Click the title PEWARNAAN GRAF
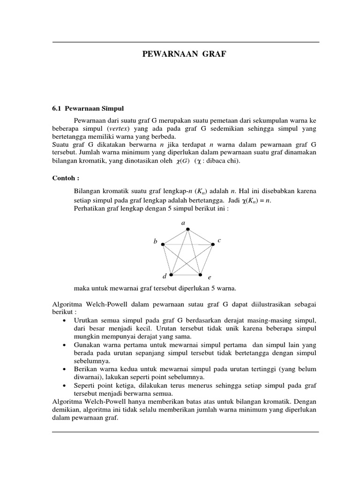pos(184,55)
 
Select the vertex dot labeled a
pos(187,229)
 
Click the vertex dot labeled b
pos(163,244)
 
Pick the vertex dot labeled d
pos(171,275)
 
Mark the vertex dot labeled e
pos(200,275)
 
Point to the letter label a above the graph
pos(183,222)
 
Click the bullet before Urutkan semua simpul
pos(63,320)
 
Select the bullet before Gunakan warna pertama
pos(63,345)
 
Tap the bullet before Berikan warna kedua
pos(63,369)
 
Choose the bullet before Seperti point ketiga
pos(63,385)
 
